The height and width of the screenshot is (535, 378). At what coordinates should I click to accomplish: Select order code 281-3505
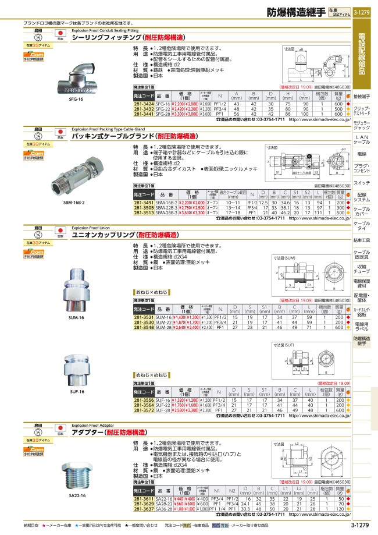coord(143,208)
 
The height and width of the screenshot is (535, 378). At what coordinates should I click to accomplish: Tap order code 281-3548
coord(143,328)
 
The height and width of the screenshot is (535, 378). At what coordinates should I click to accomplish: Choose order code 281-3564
coord(143,405)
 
